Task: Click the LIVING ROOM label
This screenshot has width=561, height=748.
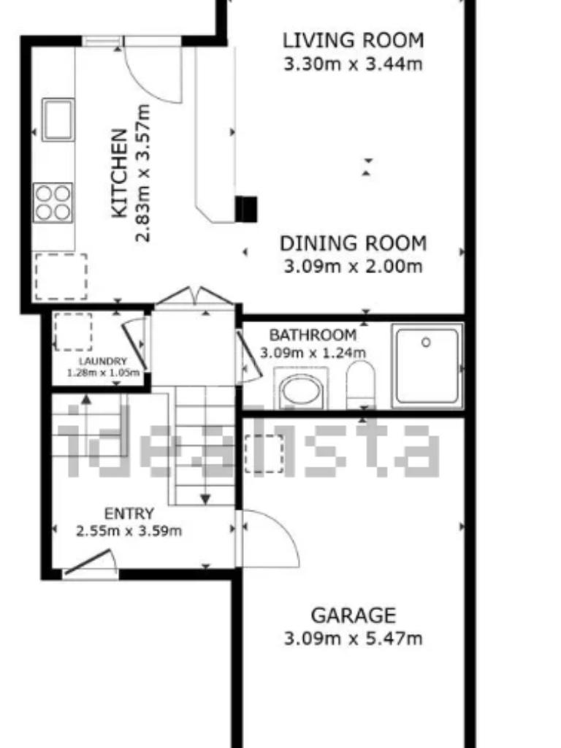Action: (x=353, y=41)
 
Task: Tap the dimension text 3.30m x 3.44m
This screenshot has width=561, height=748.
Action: (x=353, y=64)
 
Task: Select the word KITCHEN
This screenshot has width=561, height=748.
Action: (x=119, y=173)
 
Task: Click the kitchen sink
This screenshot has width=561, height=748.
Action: (x=58, y=119)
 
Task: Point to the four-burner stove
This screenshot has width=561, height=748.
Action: (x=53, y=202)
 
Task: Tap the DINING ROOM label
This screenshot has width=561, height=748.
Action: (x=353, y=244)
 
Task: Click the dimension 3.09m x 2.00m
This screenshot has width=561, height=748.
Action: (x=353, y=266)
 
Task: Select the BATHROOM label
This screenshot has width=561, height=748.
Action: (x=313, y=335)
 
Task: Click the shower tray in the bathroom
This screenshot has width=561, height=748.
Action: (x=427, y=366)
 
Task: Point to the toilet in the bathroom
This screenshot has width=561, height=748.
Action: (x=360, y=384)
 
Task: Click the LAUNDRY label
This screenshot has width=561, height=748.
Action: (x=102, y=362)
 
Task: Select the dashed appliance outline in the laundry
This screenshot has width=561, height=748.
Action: (x=73, y=332)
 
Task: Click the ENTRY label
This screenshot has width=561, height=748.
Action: (x=129, y=514)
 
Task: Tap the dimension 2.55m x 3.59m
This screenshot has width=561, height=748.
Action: (x=129, y=531)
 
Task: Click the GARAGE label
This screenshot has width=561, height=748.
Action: (x=353, y=615)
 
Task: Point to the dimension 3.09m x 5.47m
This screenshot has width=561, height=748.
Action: (x=353, y=638)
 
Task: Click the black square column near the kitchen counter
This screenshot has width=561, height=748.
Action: (x=246, y=210)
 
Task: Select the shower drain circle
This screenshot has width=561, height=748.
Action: (x=426, y=342)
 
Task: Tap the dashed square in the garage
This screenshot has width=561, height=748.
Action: (x=264, y=454)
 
